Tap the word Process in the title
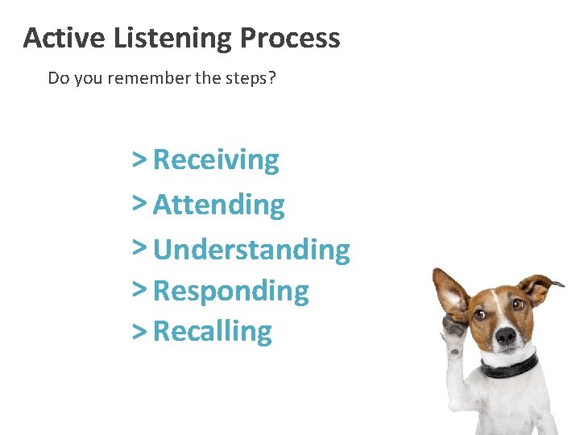tap(290, 38)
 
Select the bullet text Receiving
tap(216, 160)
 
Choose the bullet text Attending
tap(218, 205)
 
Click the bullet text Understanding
tap(251, 250)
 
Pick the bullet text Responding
tap(230, 291)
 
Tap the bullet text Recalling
tap(213, 331)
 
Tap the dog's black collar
tap(509, 367)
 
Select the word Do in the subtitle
tap(58, 78)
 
